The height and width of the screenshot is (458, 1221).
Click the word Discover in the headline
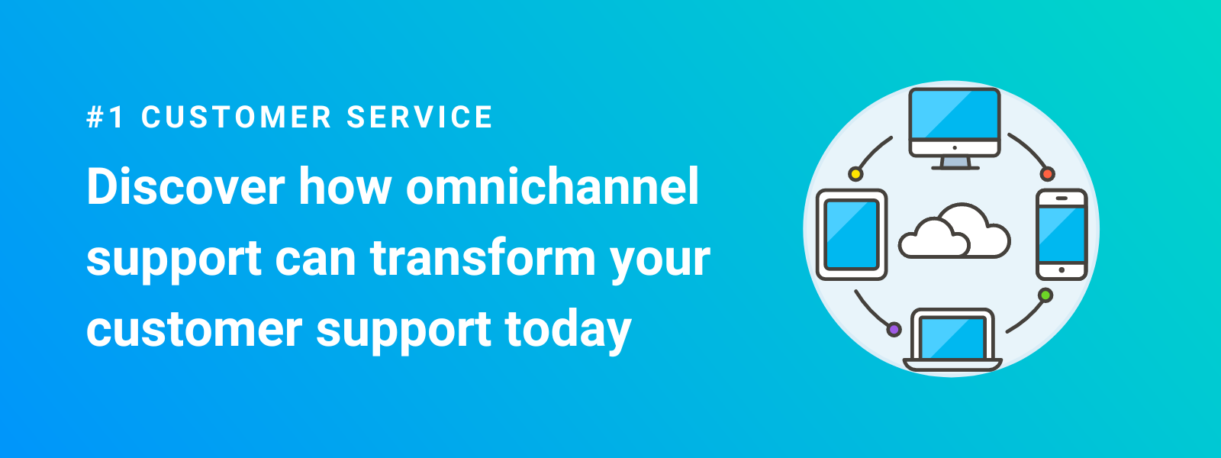coord(185,187)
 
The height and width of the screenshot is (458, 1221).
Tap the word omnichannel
coord(553,187)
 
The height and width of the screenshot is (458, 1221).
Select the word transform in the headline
coord(482,258)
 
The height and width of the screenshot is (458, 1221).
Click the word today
coord(568,330)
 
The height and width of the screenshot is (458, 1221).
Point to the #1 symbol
coord(105,118)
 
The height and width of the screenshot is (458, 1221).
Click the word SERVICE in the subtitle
coord(420,118)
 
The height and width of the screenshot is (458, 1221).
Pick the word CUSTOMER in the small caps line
coord(237,118)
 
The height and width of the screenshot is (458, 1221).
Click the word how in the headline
coord(344,187)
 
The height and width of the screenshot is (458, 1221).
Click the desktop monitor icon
coord(954,122)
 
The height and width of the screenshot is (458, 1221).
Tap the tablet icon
coord(852,234)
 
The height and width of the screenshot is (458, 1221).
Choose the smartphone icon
coord(1062,234)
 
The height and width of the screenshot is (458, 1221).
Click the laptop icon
coord(952,340)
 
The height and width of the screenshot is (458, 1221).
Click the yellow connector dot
coord(855,174)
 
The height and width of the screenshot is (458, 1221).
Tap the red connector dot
coord(1048,174)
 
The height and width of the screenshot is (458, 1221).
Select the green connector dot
coord(1045,295)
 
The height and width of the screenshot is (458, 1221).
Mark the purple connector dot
coord(894,330)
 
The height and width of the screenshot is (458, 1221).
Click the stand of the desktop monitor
coord(955,163)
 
